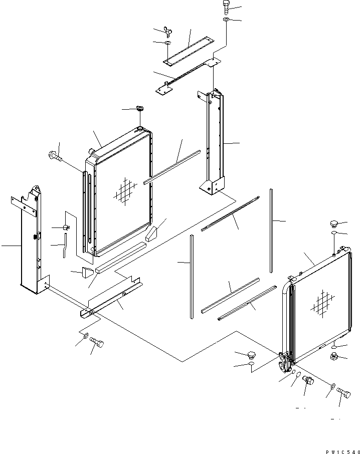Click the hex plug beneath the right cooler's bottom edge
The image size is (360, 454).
point(333,356)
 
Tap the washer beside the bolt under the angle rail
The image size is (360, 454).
point(85,335)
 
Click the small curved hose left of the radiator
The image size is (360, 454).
point(64,248)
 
